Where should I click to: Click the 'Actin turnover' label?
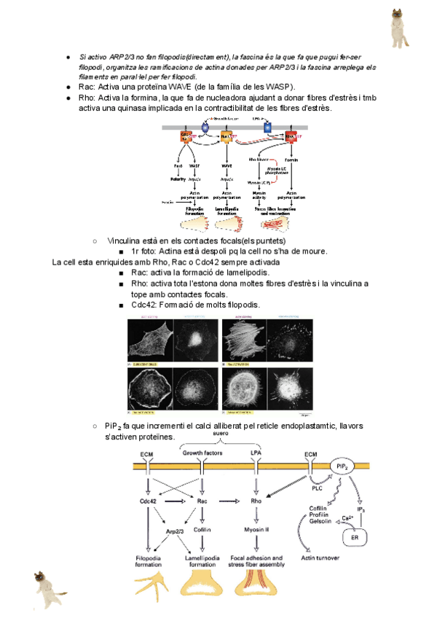(x=326, y=559)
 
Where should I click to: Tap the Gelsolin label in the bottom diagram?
(x=314, y=521)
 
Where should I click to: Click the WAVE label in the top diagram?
(x=227, y=165)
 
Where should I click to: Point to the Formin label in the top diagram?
(x=291, y=158)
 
